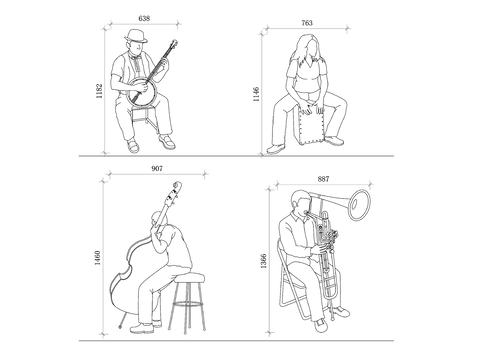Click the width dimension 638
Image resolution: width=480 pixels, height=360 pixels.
click(144, 18)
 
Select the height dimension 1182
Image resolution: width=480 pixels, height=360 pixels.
click(99, 91)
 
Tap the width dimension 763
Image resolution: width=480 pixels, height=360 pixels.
click(307, 23)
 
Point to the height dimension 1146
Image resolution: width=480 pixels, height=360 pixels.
click(256, 94)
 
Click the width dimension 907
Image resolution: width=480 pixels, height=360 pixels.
click(157, 168)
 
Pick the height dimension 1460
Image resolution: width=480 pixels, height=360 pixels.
click(97, 258)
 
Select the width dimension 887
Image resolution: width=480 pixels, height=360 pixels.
click(323, 179)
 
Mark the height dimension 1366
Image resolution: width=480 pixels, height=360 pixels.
click(263, 261)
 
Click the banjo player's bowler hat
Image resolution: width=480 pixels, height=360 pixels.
click(136, 35)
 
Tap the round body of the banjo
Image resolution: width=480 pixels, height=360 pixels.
click(142, 93)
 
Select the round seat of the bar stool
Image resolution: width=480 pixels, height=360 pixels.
click(189, 277)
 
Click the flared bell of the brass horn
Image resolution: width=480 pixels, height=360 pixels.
click(359, 205)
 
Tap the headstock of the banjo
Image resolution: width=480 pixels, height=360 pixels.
click(174, 44)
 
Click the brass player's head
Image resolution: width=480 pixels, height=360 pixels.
click(301, 202)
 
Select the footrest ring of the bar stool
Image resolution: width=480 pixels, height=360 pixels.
click(187, 304)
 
